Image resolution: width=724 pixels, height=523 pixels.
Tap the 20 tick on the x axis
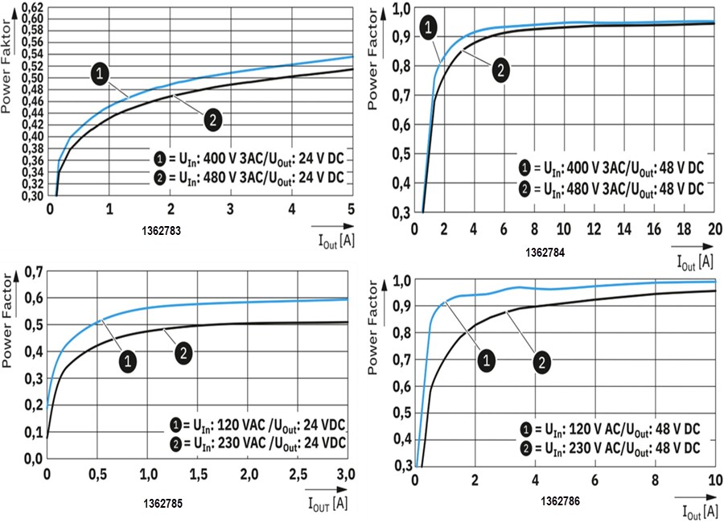click(713, 228)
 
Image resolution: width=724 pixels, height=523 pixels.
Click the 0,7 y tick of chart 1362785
click(33, 271)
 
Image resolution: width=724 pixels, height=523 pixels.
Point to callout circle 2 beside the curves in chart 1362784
click(500, 70)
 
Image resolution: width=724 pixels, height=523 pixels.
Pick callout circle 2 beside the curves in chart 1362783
click(211, 120)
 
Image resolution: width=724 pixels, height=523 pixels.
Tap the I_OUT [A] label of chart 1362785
click(327, 504)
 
